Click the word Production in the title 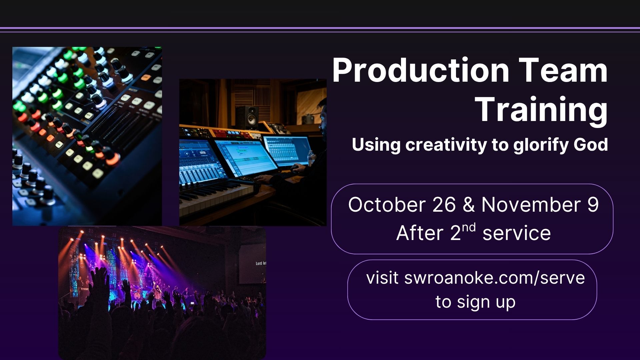click(x=421, y=70)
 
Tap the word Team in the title click(x=563, y=70)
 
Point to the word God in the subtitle click(x=591, y=145)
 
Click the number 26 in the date click(x=444, y=204)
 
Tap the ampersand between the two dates click(x=469, y=205)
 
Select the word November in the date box click(x=531, y=205)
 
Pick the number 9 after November click(x=593, y=205)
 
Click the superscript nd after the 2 click(x=469, y=228)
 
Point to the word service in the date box click(x=517, y=233)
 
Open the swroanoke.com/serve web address click(x=495, y=278)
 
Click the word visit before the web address click(x=382, y=278)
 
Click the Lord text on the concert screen click(x=259, y=264)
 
